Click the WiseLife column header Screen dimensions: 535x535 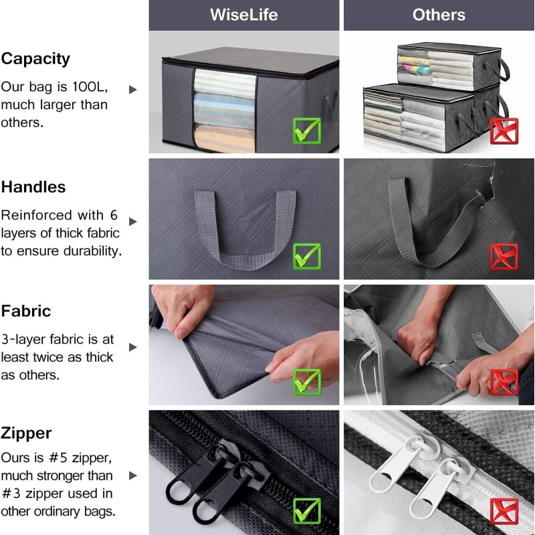[244, 15]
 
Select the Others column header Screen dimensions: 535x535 [439, 15]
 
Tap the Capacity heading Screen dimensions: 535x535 [35, 60]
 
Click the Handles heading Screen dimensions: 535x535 [33, 187]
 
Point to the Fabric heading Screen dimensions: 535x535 [26, 311]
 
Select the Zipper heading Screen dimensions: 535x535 [26, 433]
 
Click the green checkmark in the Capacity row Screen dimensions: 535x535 [307, 130]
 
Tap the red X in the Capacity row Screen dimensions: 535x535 [504, 131]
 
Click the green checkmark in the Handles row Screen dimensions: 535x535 [307, 256]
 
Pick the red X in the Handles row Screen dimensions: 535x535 [504, 257]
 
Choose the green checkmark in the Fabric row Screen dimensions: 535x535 [307, 382]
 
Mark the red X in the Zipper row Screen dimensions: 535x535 [504, 511]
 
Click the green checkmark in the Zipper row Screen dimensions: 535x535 [307, 511]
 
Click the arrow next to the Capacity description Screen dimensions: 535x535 [132, 90]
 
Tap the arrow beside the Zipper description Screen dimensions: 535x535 [132, 475]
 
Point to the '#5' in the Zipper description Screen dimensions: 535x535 [58, 458]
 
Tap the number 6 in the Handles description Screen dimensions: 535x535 [114, 215]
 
